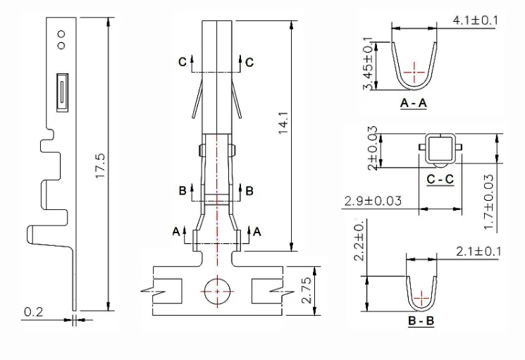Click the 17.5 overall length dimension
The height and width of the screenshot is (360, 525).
pyautogui.click(x=100, y=166)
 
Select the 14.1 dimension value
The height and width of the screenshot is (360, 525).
pyautogui.click(x=283, y=123)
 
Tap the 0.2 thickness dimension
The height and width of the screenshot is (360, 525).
pyautogui.click(x=34, y=312)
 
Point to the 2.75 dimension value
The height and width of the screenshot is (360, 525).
pyautogui.click(x=307, y=290)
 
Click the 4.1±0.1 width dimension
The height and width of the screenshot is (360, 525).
pyautogui.click(x=476, y=20)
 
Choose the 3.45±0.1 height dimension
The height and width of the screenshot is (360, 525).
pyautogui.click(x=368, y=63)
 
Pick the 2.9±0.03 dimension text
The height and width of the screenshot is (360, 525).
pyautogui.click(x=373, y=201)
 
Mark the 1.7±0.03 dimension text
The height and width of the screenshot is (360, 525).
pyautogui.click(x=489, y=201)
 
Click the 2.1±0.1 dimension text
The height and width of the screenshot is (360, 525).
pyautogui.click(x=478, y=252)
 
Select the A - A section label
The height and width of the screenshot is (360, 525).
pyautogui.click(x=414, y=103)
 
